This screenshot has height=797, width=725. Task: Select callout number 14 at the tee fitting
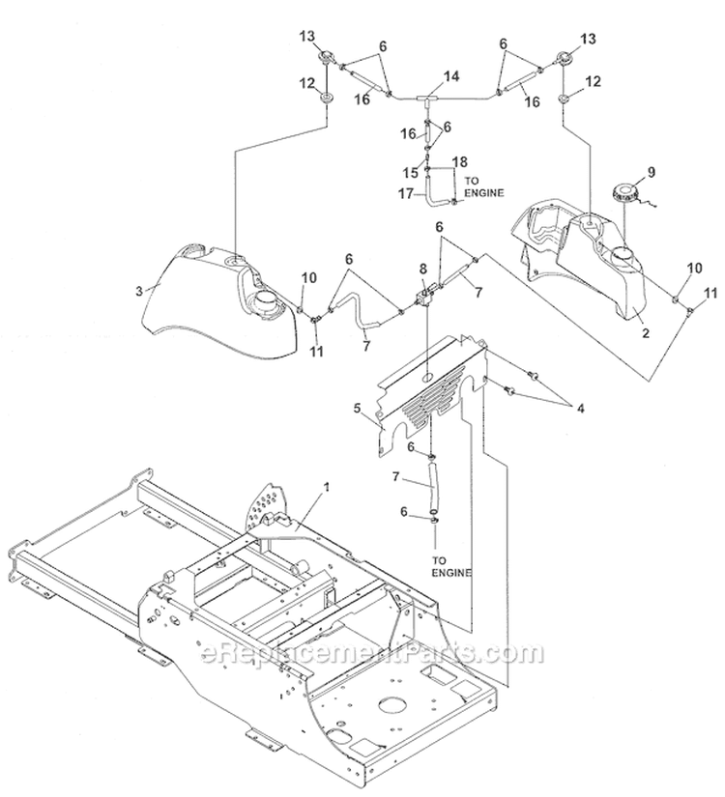click(x=423, y=75)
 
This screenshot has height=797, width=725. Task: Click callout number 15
click(x=408, y=172)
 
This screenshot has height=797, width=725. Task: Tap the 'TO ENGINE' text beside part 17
click(x=484, y=186)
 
